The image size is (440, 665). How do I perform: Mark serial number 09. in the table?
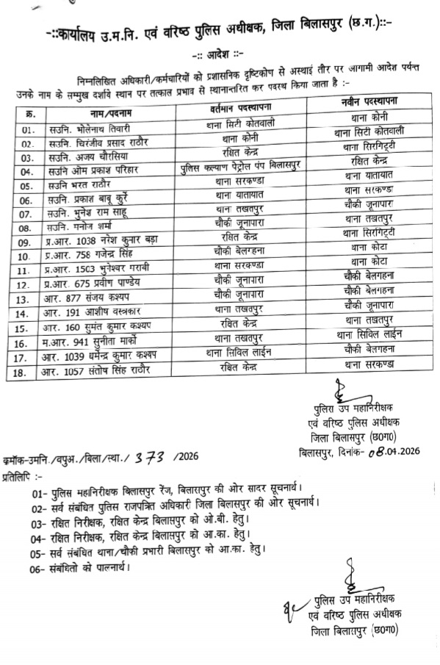[x=27, y=242]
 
